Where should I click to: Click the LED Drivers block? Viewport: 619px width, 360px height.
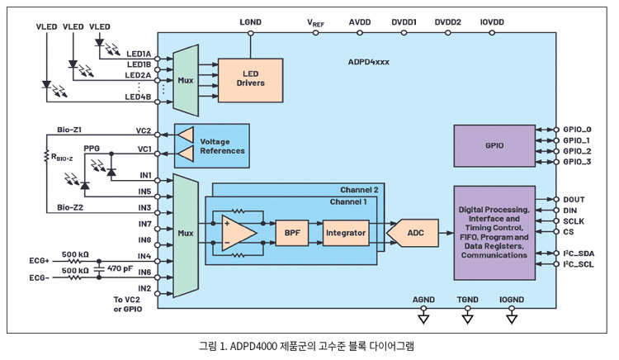[x=250, y=79]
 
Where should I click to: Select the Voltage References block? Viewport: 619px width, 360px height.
[x=222, y=145]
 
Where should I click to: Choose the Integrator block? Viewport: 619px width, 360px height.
[x=345, y=234]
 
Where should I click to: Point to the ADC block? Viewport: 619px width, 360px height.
[x=417, y=234]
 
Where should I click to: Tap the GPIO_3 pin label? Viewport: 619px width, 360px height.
[x=577, y=162]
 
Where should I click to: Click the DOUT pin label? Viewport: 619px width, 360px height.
[x=574, y=199]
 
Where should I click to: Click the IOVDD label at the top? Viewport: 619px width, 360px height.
[x=493, y=21]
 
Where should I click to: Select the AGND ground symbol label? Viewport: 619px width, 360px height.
[x=423, y=300]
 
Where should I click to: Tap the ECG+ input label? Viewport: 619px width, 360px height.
[x=40, y=260]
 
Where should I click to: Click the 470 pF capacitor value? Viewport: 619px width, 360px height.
[x=120, y=268]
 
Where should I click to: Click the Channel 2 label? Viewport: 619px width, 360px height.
[x=360, y=189]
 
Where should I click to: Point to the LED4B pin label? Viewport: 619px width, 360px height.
[x=138, y=97]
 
